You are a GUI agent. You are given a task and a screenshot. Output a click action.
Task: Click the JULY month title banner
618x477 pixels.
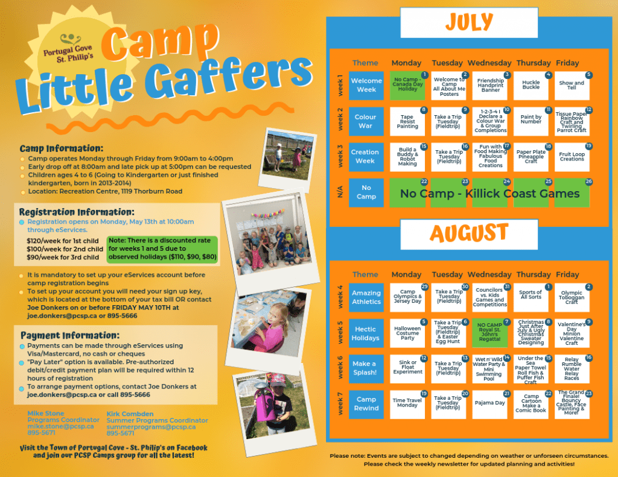[469, 23]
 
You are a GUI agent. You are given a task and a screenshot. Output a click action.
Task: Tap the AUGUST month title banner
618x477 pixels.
[469, 233]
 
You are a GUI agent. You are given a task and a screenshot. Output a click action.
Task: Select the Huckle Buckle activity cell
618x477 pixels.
[531, 85]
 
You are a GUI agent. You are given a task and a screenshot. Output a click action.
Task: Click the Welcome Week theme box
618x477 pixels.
[366, 85]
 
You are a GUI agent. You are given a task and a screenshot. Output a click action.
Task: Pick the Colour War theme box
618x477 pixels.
[366, 121]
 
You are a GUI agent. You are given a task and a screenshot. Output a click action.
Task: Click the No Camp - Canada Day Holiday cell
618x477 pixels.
[409, 85]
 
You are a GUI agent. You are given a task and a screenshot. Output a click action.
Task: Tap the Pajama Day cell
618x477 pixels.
[490, 403]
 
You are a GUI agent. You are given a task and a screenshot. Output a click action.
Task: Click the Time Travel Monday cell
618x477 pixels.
[409, 403]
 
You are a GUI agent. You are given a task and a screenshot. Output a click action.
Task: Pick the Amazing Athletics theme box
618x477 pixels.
[366, 297]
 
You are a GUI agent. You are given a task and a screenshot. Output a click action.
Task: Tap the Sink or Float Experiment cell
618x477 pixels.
[409, 368]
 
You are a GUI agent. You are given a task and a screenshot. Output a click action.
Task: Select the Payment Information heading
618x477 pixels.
[70, 335]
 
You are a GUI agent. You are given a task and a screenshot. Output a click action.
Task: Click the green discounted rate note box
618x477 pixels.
[161, 248]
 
